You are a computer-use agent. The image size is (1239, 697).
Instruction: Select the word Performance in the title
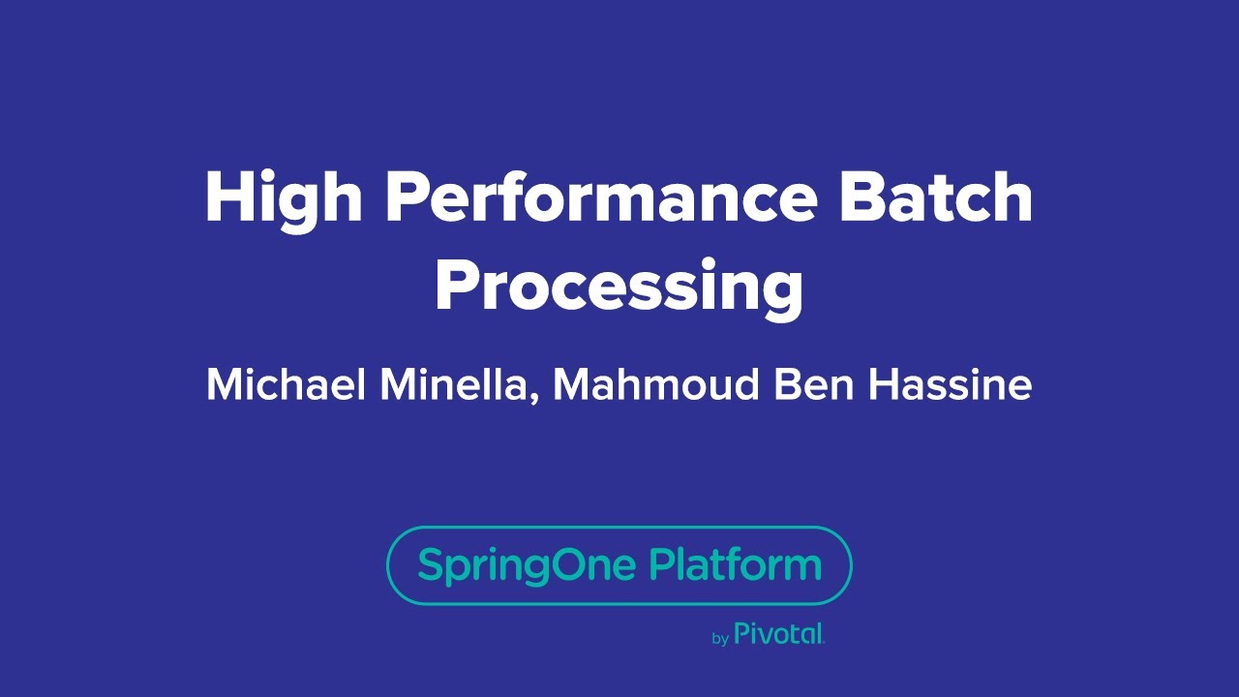tap(601, 197)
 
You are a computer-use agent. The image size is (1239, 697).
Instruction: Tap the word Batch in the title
tap(936, 197)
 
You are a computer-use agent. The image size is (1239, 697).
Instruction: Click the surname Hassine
tap(950, 385)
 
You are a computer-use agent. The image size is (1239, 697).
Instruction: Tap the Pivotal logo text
tap(779, 635)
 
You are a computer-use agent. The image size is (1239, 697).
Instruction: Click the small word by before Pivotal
tap(720, 639)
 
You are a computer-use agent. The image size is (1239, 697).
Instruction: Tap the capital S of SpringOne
tap(429, 563)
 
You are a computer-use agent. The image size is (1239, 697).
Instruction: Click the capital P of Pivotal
tap(741, 634)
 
